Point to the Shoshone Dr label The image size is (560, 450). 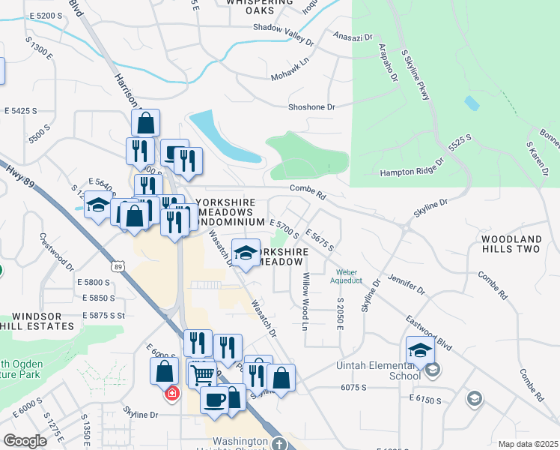coord(311,107)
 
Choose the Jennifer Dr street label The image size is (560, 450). coord(407,283)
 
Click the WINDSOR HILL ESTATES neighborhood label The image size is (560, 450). coord(37,321)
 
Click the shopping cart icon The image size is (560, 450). coord(201,373)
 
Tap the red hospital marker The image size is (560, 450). coord(172,393)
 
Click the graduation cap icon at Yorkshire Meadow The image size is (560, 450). coord(245,253)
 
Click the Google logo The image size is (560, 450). coord(24,440)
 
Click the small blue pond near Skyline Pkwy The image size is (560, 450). coord(472,103)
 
